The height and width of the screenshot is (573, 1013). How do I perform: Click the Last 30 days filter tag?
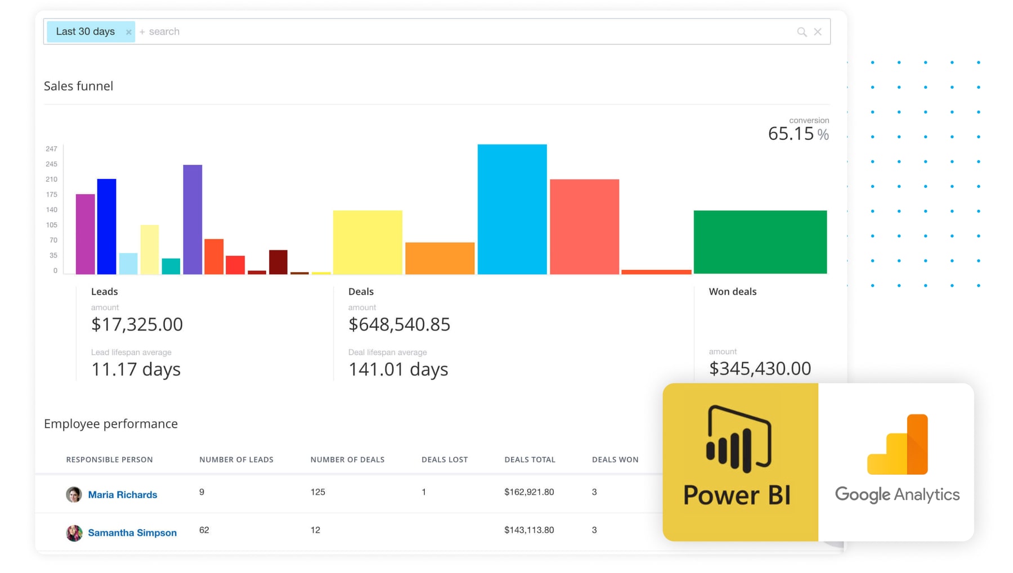86,31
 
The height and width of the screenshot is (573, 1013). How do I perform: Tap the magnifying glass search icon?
801,32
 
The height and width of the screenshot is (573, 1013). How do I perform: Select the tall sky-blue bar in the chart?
512,209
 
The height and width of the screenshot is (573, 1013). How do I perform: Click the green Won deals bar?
760,242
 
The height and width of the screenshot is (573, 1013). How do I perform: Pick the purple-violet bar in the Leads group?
192,219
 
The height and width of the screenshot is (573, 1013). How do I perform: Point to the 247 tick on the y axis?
51,149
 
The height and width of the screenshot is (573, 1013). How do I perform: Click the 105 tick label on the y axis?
51,225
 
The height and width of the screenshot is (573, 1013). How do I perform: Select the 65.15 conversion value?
791,134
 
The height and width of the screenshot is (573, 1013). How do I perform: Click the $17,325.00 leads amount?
137,324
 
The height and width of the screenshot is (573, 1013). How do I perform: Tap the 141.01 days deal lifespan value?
398,369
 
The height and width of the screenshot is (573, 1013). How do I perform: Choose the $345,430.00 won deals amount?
760,368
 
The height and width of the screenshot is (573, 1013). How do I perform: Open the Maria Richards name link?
122,495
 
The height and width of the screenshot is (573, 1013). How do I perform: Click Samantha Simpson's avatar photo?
74,533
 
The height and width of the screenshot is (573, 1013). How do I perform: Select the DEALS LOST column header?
444,459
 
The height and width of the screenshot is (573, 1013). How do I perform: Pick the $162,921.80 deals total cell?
528,492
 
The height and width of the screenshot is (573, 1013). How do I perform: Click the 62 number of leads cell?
204,530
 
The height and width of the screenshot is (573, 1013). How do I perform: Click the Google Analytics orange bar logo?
898,445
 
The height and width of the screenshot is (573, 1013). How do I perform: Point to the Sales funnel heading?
78,86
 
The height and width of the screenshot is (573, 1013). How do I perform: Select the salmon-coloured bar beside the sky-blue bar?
584,227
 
